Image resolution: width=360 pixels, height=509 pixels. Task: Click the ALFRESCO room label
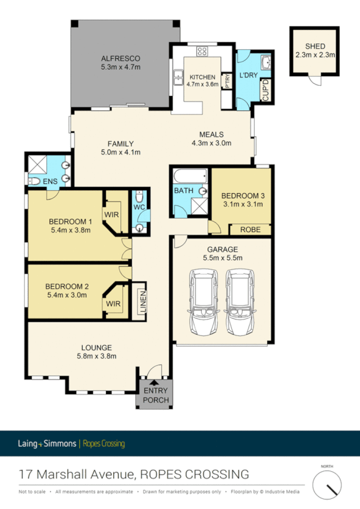[x=120, y=58]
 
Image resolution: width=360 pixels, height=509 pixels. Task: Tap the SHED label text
[x=314, y=46]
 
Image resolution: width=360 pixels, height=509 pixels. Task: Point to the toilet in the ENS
[x=35, y=180]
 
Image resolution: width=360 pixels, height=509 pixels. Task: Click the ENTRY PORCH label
[x=156, y=396]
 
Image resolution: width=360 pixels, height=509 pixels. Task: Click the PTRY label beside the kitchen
[x=227, y=80]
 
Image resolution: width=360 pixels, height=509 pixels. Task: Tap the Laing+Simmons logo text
[x=46, y=444]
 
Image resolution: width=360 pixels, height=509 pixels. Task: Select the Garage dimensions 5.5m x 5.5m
[x=222, y=258]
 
